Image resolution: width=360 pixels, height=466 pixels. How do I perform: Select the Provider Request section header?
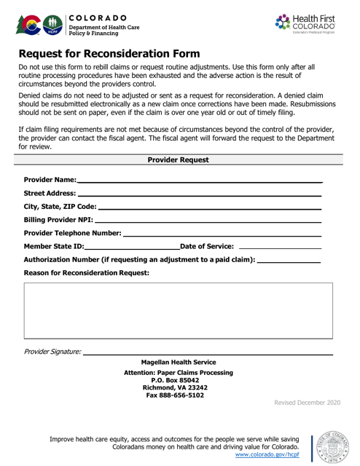[179, 159]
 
